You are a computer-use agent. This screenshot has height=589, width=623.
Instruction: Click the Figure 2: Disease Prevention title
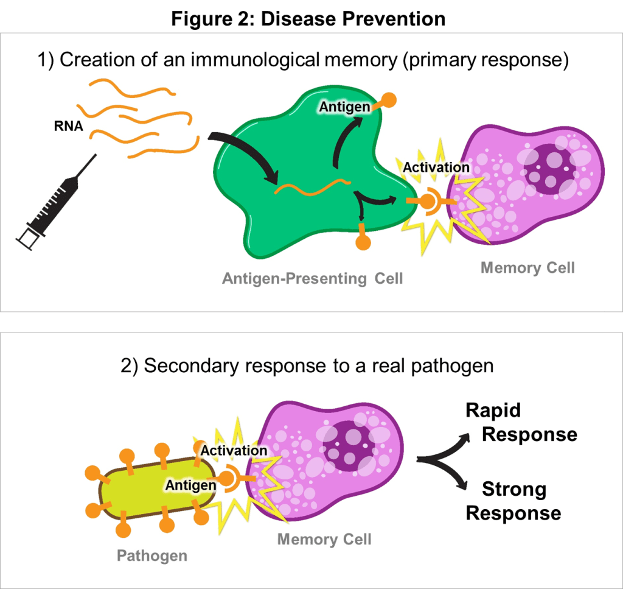click(308, 19)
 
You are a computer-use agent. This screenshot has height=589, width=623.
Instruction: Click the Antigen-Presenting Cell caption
click(312, 278)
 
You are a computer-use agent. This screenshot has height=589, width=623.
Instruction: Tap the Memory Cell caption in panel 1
click(527, 267)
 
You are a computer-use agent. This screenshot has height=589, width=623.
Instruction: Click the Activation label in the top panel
click(436, 167)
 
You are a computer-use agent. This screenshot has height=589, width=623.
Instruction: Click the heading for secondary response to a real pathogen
click(307, 366)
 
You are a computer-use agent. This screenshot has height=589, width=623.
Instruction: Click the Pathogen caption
click(151, 555)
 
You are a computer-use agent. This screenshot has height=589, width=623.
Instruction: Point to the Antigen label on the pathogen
click(190, 485)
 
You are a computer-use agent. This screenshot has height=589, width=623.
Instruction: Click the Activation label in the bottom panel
click(234, 451)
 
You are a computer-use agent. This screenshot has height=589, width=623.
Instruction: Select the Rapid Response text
click(521, 422)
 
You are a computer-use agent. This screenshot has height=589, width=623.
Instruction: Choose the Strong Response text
click(513, 501)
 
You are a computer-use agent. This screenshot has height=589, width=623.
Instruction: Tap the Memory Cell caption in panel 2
click(324, 539)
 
